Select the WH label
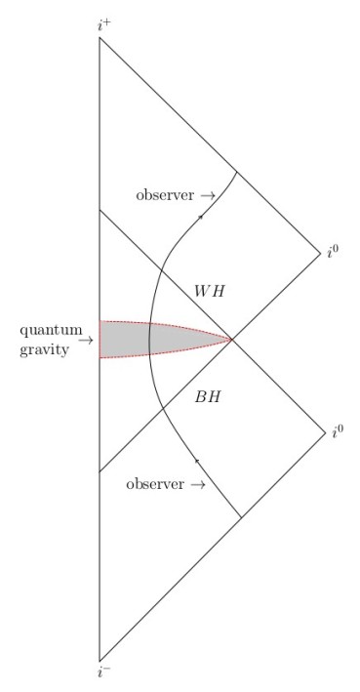(x=209, y=292)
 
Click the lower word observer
(x=156, y=484)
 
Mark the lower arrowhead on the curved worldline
(x=197, y=459)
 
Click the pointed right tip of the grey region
(x=231, y=340)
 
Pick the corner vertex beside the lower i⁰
(x=323, y=430)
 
